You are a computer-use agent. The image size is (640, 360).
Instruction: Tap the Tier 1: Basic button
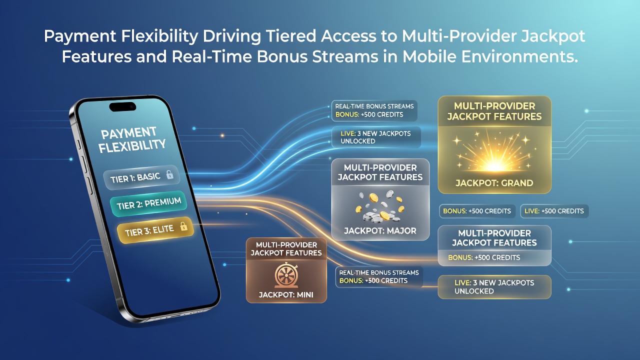click(x=141, y=177)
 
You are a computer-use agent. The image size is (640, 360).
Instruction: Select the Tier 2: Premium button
click(x=148, y=203)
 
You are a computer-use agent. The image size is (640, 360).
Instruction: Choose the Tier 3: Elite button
click(x=155, y=230)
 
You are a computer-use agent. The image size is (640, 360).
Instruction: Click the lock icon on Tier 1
click(x=169, y=174)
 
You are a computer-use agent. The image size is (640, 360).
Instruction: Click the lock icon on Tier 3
click(x=183, y=226)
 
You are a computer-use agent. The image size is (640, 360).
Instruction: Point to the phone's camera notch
click(x=122, y=106)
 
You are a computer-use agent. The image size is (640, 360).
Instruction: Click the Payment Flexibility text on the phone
click(x=131, y=139)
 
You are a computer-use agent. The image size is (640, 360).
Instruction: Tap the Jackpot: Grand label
click(x=494, y=183)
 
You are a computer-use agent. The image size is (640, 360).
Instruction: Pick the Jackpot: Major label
click(x=380, y=230)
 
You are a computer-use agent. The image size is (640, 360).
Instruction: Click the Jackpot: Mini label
click(x=286, y=294)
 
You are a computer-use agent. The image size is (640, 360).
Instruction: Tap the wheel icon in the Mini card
click(x=286, y=275)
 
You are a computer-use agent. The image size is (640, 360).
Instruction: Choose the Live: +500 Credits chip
click(x=554, y=211)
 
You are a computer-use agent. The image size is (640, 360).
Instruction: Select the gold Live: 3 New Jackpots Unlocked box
click(x=494, y=287)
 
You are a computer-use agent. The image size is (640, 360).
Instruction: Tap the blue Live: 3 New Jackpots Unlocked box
click(x=376, y=137)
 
